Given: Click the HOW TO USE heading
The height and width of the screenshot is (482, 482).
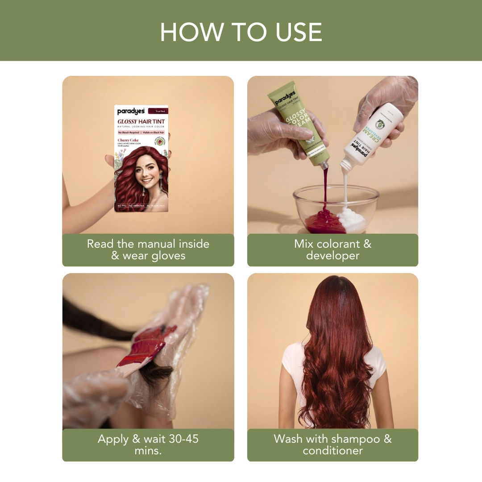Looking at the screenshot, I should pyautogui.click(x=241, y=32).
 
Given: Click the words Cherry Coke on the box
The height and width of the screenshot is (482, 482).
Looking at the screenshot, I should pyautogui.click(x=128, y=140).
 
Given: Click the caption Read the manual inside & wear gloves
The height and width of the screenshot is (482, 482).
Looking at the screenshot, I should pyautogui.click(x=148, y=250).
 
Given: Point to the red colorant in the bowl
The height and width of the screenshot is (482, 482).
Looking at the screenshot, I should pyautogui.click(x=324, y=221).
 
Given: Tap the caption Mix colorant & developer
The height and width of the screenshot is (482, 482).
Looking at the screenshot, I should pyautogui.click(x=332, y=250).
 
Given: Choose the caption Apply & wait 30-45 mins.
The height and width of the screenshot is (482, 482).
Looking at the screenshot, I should pyautogui.click(x=148, y=445).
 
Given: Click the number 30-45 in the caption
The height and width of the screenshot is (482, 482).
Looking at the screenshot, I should pyautogui.click(x=181, y=439).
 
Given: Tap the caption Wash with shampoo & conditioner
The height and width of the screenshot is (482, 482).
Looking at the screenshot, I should pyautogui.click(x=332, y=445).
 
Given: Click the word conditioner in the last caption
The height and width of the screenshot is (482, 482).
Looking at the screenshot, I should pyautogui.click(x=332, y=450).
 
